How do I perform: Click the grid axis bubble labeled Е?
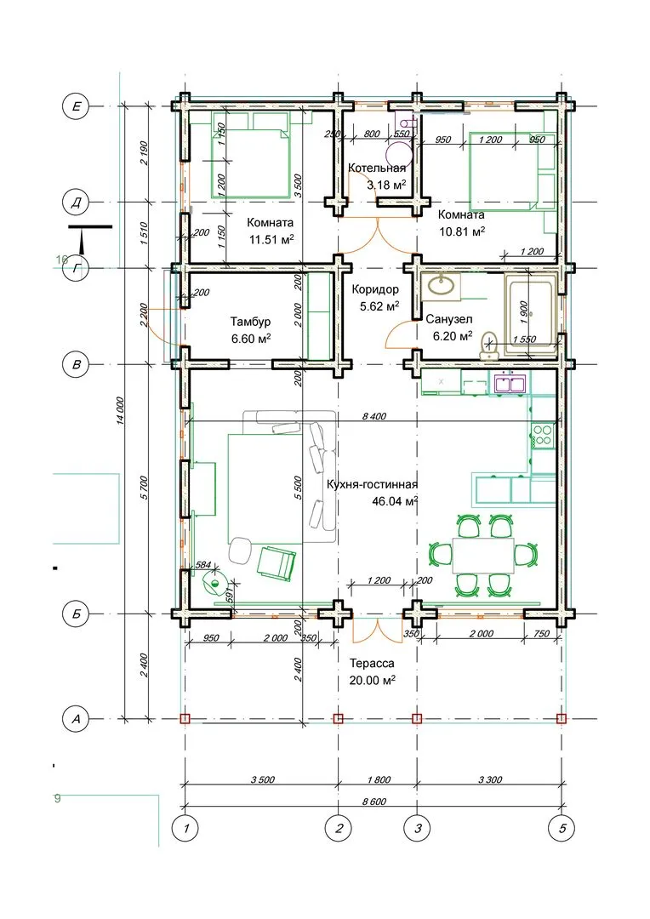76,106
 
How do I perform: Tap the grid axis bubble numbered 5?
562,829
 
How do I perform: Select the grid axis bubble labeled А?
76,718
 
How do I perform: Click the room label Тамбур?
250,322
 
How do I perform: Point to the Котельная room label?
377,168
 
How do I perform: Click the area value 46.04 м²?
395,501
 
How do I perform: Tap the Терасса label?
372,664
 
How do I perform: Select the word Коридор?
375,289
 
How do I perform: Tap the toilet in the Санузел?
488,345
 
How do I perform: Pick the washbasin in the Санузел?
440,286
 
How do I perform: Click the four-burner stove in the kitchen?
544,435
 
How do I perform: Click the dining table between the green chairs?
483,555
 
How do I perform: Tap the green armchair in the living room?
276,562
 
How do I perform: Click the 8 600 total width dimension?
373,802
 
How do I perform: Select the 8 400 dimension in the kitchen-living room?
374,416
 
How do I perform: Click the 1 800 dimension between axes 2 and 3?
379,779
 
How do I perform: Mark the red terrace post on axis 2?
339,718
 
